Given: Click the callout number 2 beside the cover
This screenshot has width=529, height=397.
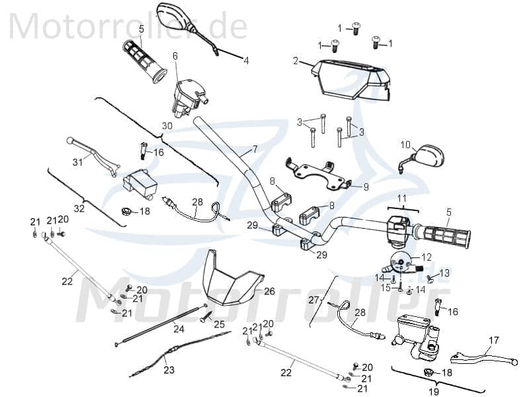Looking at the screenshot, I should [296, 62].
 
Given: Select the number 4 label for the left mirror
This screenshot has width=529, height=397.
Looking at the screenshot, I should [246, 60].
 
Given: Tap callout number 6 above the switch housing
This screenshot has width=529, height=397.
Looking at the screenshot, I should [175, 56].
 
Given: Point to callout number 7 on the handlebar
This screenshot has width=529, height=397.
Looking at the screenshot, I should [255, 150].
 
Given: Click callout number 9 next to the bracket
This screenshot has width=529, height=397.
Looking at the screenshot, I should [367, 187].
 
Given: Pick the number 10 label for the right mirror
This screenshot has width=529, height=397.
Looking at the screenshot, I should [405, 144].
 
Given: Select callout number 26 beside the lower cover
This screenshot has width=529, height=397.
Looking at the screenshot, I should [269, 290].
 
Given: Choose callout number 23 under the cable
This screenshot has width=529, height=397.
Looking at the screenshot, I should [169, 370].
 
